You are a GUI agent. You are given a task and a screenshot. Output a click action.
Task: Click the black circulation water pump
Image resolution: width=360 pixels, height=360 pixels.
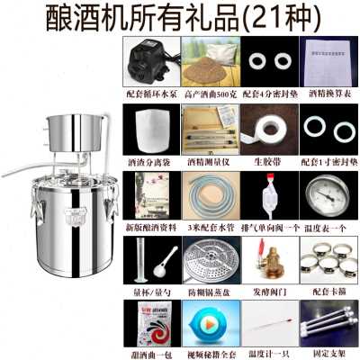[x=149, y=63]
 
